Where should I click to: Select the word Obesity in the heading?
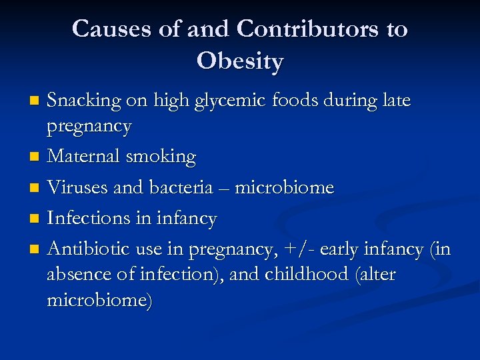coord(240,61)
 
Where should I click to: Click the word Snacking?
coord(84,101)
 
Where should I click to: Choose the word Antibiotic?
coord(87,249)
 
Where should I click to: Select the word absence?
coord(77,275)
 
